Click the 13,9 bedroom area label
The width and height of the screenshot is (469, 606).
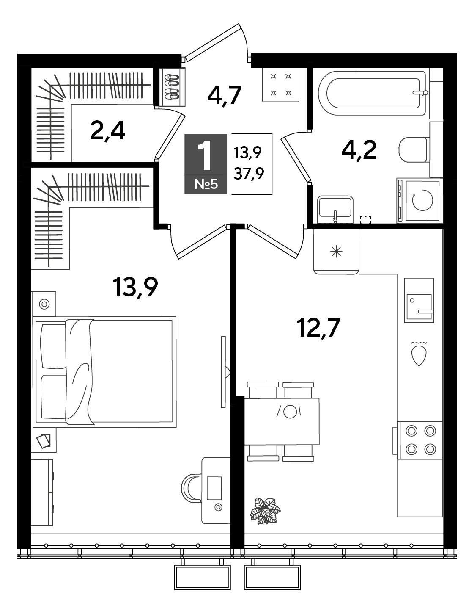click(x=135, y=288)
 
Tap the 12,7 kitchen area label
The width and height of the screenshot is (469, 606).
click(x=319, y=328)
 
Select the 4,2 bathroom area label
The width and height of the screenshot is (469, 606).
click(x=359, y=150)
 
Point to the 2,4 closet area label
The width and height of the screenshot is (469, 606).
click(x=108, y=131)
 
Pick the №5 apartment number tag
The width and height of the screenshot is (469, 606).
click(x=206, y=184)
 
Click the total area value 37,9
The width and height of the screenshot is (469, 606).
click(x=249, y=174)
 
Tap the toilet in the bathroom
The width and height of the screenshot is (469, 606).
click(x=413, y=149)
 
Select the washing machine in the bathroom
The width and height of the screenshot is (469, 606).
click(x=420, y=200)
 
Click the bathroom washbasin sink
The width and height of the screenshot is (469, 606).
click(x=335, y=209)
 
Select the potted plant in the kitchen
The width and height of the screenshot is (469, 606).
click(x=265, y=511)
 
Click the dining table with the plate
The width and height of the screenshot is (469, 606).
click(x=282, y=421)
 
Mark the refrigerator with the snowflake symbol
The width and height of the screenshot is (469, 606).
click(x=336, y=251)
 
